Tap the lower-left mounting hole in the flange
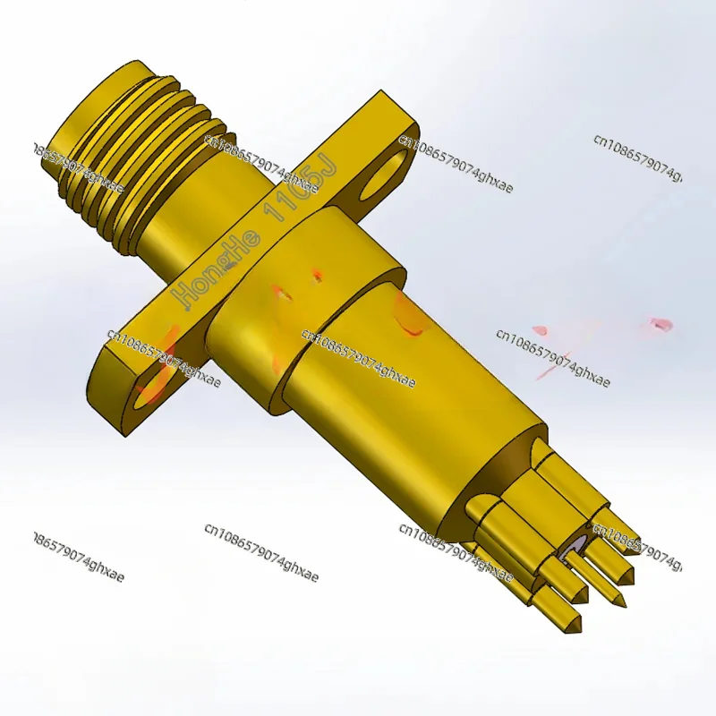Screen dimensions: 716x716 (x=155, y=383)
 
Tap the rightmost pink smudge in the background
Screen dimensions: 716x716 (x=661, y=324)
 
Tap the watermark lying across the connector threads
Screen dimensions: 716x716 (x=76, y=166)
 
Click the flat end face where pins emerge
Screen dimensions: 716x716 (x=510, y=474)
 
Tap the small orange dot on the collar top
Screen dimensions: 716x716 (x=316, y=276)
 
